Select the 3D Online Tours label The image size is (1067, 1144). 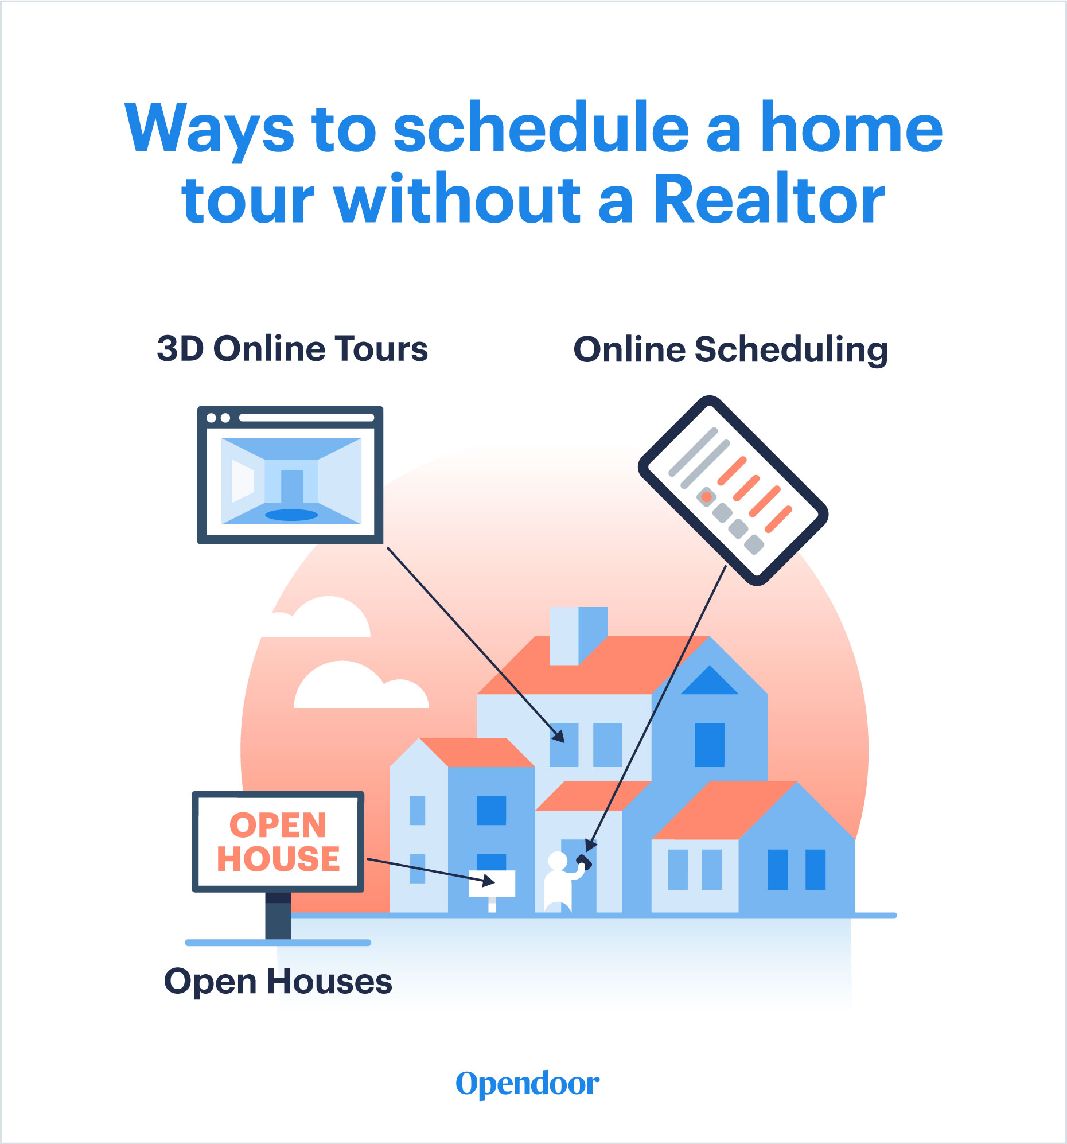click(293, 349)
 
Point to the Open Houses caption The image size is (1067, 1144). click(278, 981)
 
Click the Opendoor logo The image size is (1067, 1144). click(527, 1084)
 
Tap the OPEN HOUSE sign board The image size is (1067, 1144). click(278, 841)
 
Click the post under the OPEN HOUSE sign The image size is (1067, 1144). click(278, 915)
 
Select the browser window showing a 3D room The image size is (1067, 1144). click(290, 474)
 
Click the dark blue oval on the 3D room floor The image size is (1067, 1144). click(291, 515)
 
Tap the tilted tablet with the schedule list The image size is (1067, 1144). click(733, 491)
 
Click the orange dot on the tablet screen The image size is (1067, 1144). click(706, 496)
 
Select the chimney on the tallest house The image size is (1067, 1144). click(578, 635)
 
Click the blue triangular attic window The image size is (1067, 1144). click(709, 682)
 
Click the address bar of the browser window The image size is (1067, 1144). click(306, 418)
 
